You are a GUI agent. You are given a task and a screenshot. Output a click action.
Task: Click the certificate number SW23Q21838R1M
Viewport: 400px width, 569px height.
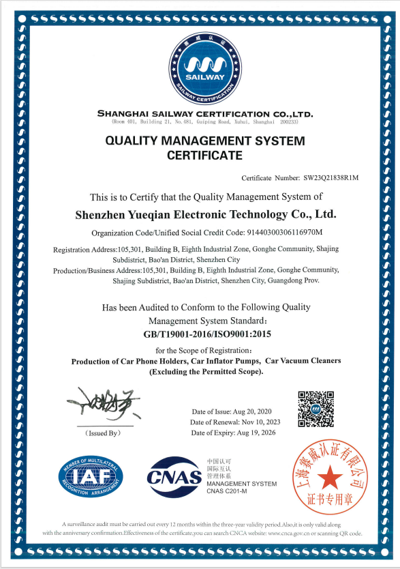330,178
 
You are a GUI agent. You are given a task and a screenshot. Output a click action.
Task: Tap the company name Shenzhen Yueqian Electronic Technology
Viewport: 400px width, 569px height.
205,214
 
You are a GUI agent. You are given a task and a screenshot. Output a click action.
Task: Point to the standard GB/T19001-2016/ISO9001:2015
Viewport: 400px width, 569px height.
205,334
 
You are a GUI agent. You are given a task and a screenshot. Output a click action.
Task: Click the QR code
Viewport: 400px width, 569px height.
316,409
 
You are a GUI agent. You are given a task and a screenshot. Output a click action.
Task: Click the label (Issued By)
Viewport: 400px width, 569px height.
103,433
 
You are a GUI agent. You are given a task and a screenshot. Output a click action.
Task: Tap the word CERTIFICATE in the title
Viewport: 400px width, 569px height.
204,156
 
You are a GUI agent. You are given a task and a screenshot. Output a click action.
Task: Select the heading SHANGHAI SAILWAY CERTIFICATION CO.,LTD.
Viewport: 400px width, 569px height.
205,113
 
